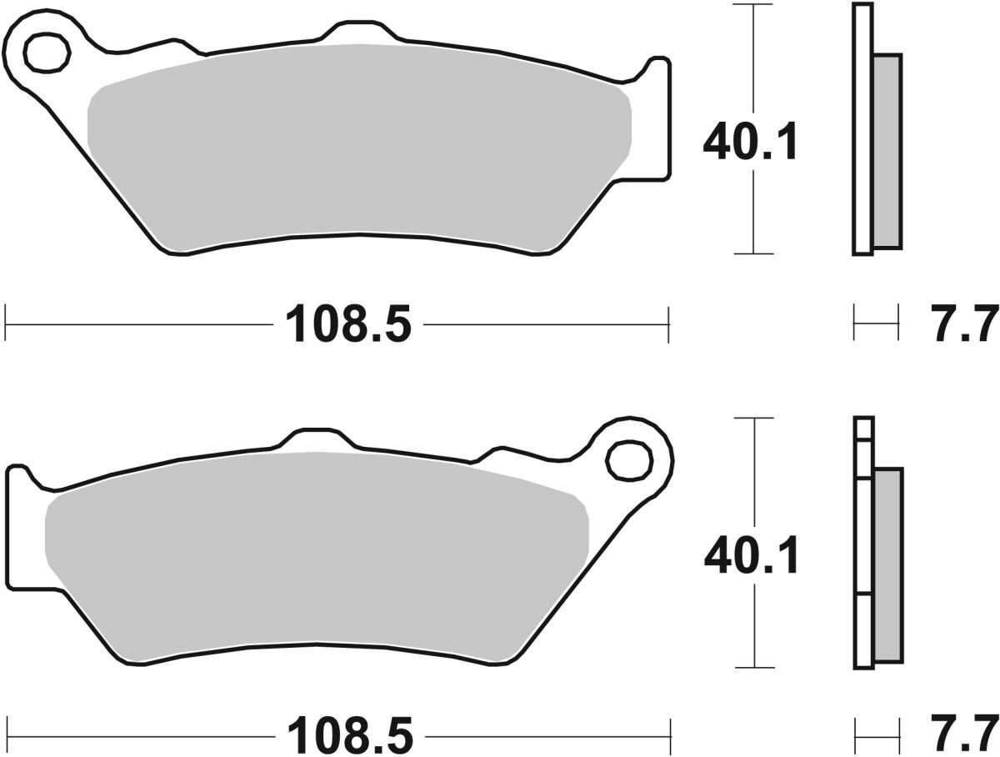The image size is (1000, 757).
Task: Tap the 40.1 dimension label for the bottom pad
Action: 750,556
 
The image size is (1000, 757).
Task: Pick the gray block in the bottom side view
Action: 887,567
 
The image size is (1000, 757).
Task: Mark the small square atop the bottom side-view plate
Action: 863,429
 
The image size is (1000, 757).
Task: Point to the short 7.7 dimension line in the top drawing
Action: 876,323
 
